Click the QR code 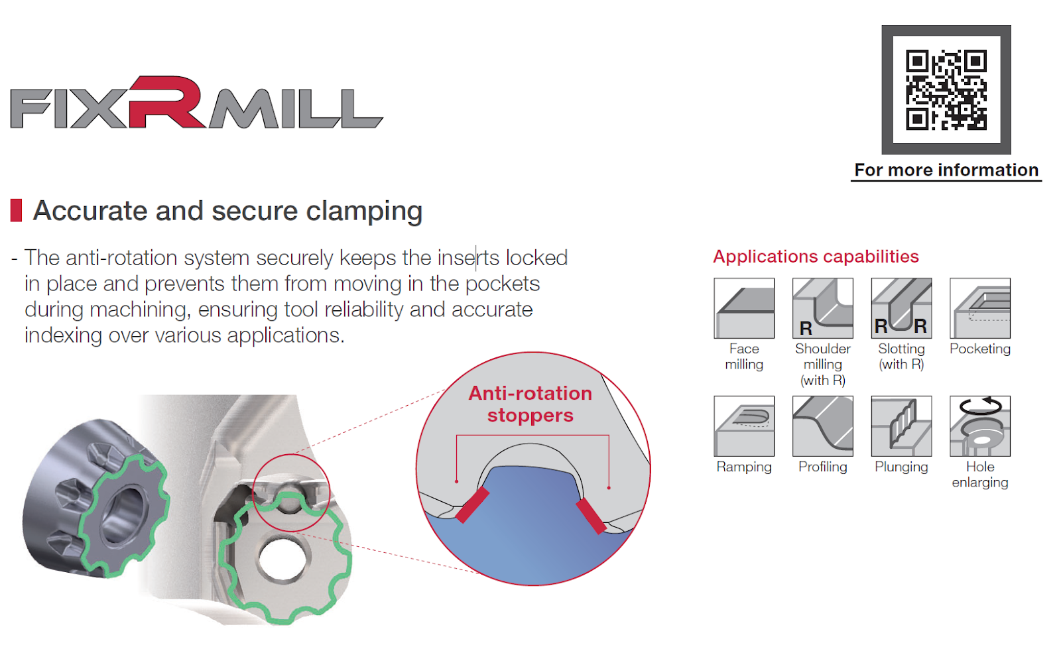946,89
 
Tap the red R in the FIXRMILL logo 166,103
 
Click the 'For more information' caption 946,170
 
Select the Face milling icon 744,308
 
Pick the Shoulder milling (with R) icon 822,308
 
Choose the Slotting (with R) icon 901,308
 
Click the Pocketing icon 979,308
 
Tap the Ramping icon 744,426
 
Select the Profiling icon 822,426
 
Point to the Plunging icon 901,426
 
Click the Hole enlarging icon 979,426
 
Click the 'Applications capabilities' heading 816,257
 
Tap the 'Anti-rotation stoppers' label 530,404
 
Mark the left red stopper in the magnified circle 472,505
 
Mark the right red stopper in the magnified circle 591,516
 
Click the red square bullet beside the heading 17,210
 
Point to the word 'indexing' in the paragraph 64,335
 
